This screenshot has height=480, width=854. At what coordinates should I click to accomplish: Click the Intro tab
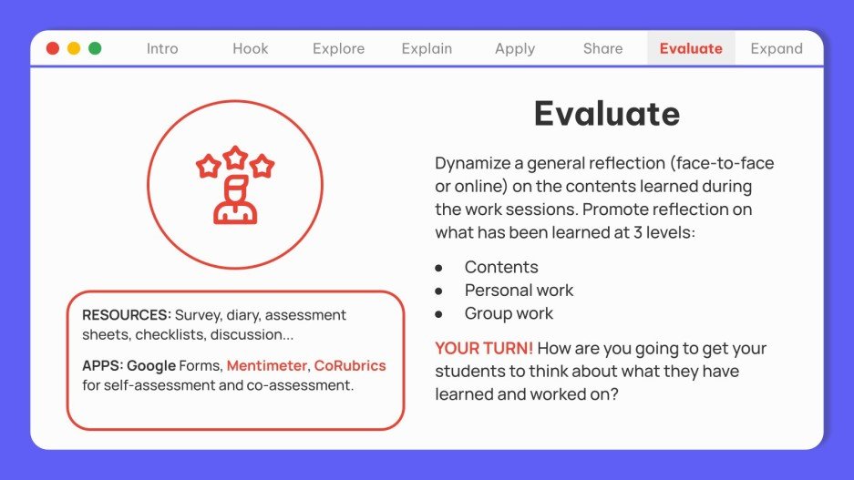(x=162, y=49)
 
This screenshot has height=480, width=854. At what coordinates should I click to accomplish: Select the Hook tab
(x=250, y=49)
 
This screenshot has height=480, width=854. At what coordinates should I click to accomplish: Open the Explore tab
(x=338, y=49)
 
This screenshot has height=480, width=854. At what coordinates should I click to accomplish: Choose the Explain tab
(x=427, y=49)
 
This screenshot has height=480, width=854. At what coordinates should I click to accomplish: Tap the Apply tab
(x=514, y=49)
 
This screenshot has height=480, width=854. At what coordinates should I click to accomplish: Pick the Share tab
(x=602, y=49)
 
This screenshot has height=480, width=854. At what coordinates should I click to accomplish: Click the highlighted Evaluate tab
(x=691, y=49)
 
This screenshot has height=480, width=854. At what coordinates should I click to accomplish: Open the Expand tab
(x=777, y=49)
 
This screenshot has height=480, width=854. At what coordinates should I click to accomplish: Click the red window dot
(x=53, y=48)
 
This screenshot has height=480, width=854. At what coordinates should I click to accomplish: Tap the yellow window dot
(x=74, y=48)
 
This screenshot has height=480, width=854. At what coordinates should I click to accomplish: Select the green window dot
(x=95, y=48)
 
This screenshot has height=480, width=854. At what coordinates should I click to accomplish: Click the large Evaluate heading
(x=606, y=114)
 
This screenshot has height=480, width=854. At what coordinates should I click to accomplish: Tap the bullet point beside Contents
(x=438, y=268)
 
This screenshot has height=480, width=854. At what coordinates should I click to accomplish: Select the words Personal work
(x=519, y=291)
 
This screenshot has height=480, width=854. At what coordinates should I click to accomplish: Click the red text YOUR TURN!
(x=484, y=349)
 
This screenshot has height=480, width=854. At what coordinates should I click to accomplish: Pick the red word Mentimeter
(x=268, y=365)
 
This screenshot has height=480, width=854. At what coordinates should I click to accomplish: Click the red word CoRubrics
(x=350, y=365)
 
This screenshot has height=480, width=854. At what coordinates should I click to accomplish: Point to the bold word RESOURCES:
(x=127, y=315)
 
